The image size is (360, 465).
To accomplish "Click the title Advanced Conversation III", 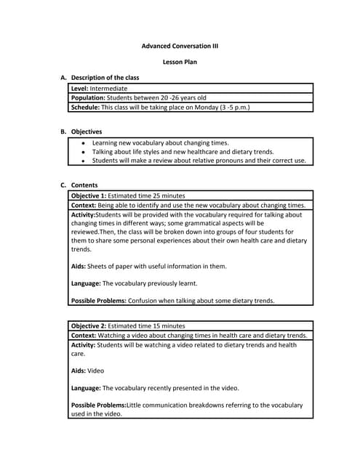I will coord(180,46).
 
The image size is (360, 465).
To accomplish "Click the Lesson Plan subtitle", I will coord(180,62).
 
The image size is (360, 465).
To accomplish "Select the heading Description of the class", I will coord(105,77).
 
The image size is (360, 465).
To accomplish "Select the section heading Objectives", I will coord(87,132).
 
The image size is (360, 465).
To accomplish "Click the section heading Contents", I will coord(84,185).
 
